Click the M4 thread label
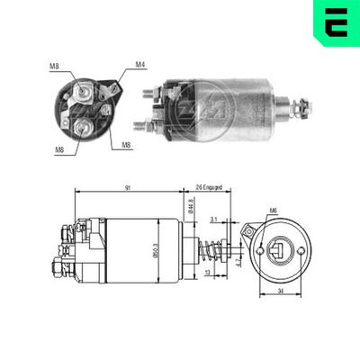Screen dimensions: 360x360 pyautogui.click(x=140, y=64)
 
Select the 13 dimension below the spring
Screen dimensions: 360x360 pyautogui.click(x=207, y=274)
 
